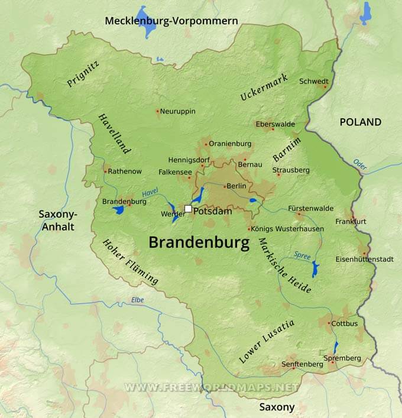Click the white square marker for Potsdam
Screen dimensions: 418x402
[x=188, y=209]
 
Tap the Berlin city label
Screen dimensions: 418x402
[x=236, y=186]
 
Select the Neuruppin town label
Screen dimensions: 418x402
[x=177, y=111]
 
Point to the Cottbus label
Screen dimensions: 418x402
[x=345, y=323]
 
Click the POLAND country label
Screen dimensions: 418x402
[x=360, y=122]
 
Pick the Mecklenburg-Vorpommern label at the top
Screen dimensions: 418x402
[x=171, y=21]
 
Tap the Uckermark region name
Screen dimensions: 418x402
[x=264, y=87]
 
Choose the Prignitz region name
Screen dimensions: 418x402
[x=83, y=74]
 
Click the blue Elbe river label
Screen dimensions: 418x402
[x=137, y=300]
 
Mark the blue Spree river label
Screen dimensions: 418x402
[x=302, y=255]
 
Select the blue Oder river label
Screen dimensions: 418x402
[x=360, y=164]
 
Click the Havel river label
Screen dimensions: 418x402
[x=150, y=193]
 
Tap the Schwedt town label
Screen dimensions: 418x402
[x=313, y=81]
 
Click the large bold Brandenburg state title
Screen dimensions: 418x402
[x=199, y=242]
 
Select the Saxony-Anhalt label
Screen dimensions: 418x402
[x=56, y=219]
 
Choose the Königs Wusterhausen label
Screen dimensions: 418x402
[x=287, y=229]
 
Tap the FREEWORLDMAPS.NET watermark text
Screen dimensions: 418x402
[x=211, y=387]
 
